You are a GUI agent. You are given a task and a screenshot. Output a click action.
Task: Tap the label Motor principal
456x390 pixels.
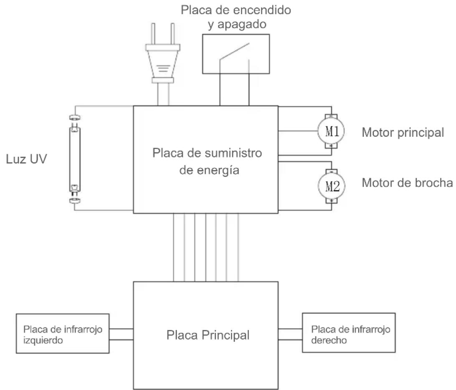pyautogui.click(x=403, y=133)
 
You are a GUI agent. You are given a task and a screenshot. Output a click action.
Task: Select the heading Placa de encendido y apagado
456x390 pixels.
pyautogui.click(x=236, y=17)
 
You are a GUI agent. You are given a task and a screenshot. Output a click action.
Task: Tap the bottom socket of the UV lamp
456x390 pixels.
pyautogui.click(x=75, y=201)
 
